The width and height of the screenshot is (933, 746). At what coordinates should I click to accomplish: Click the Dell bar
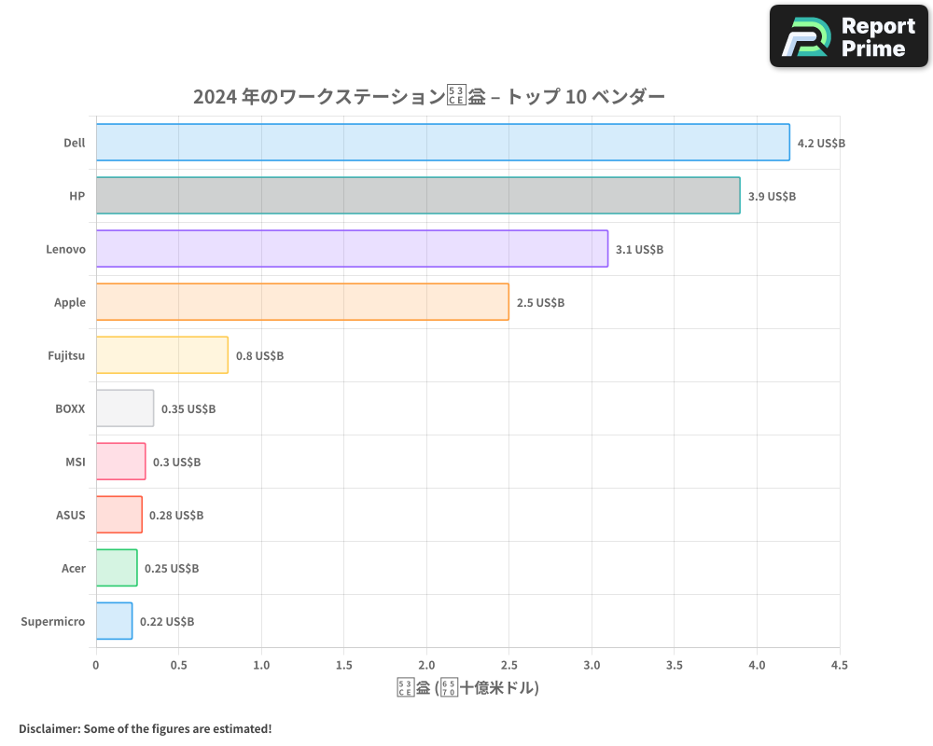point(442,143)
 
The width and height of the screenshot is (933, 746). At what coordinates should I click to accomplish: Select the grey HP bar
point(418,196)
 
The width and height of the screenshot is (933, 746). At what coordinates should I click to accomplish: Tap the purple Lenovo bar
point(352,249)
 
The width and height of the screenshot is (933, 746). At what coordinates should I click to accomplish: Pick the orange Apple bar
point(302,302)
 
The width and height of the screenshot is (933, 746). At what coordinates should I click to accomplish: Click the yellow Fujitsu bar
point(161,355)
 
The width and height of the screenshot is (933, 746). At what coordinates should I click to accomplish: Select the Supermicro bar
point(114,621)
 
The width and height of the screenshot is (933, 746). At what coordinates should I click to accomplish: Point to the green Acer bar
point(117,568)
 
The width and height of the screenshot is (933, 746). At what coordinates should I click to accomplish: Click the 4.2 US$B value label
point(821,144)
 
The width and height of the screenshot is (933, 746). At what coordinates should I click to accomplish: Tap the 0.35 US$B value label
point(188,409)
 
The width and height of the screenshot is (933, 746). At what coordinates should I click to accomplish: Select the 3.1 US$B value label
point(639,250)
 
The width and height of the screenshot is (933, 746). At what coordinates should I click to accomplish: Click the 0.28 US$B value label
point(176,516)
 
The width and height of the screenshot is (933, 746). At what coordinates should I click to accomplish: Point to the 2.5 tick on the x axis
point(509,665)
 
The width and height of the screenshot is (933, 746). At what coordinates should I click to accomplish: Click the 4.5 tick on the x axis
point(839,665)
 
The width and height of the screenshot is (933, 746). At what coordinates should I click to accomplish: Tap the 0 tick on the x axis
point(96,665)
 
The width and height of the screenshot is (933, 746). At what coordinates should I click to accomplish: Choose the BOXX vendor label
point(70,408)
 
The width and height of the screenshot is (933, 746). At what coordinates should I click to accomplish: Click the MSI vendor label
point(75,462)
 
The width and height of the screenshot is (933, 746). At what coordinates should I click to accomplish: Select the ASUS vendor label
point(70,515)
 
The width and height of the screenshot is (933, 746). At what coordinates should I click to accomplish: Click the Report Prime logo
point(848,36)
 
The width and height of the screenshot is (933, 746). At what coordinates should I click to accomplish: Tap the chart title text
point(428,97)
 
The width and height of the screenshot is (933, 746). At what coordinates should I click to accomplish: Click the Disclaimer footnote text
point(145,728)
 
